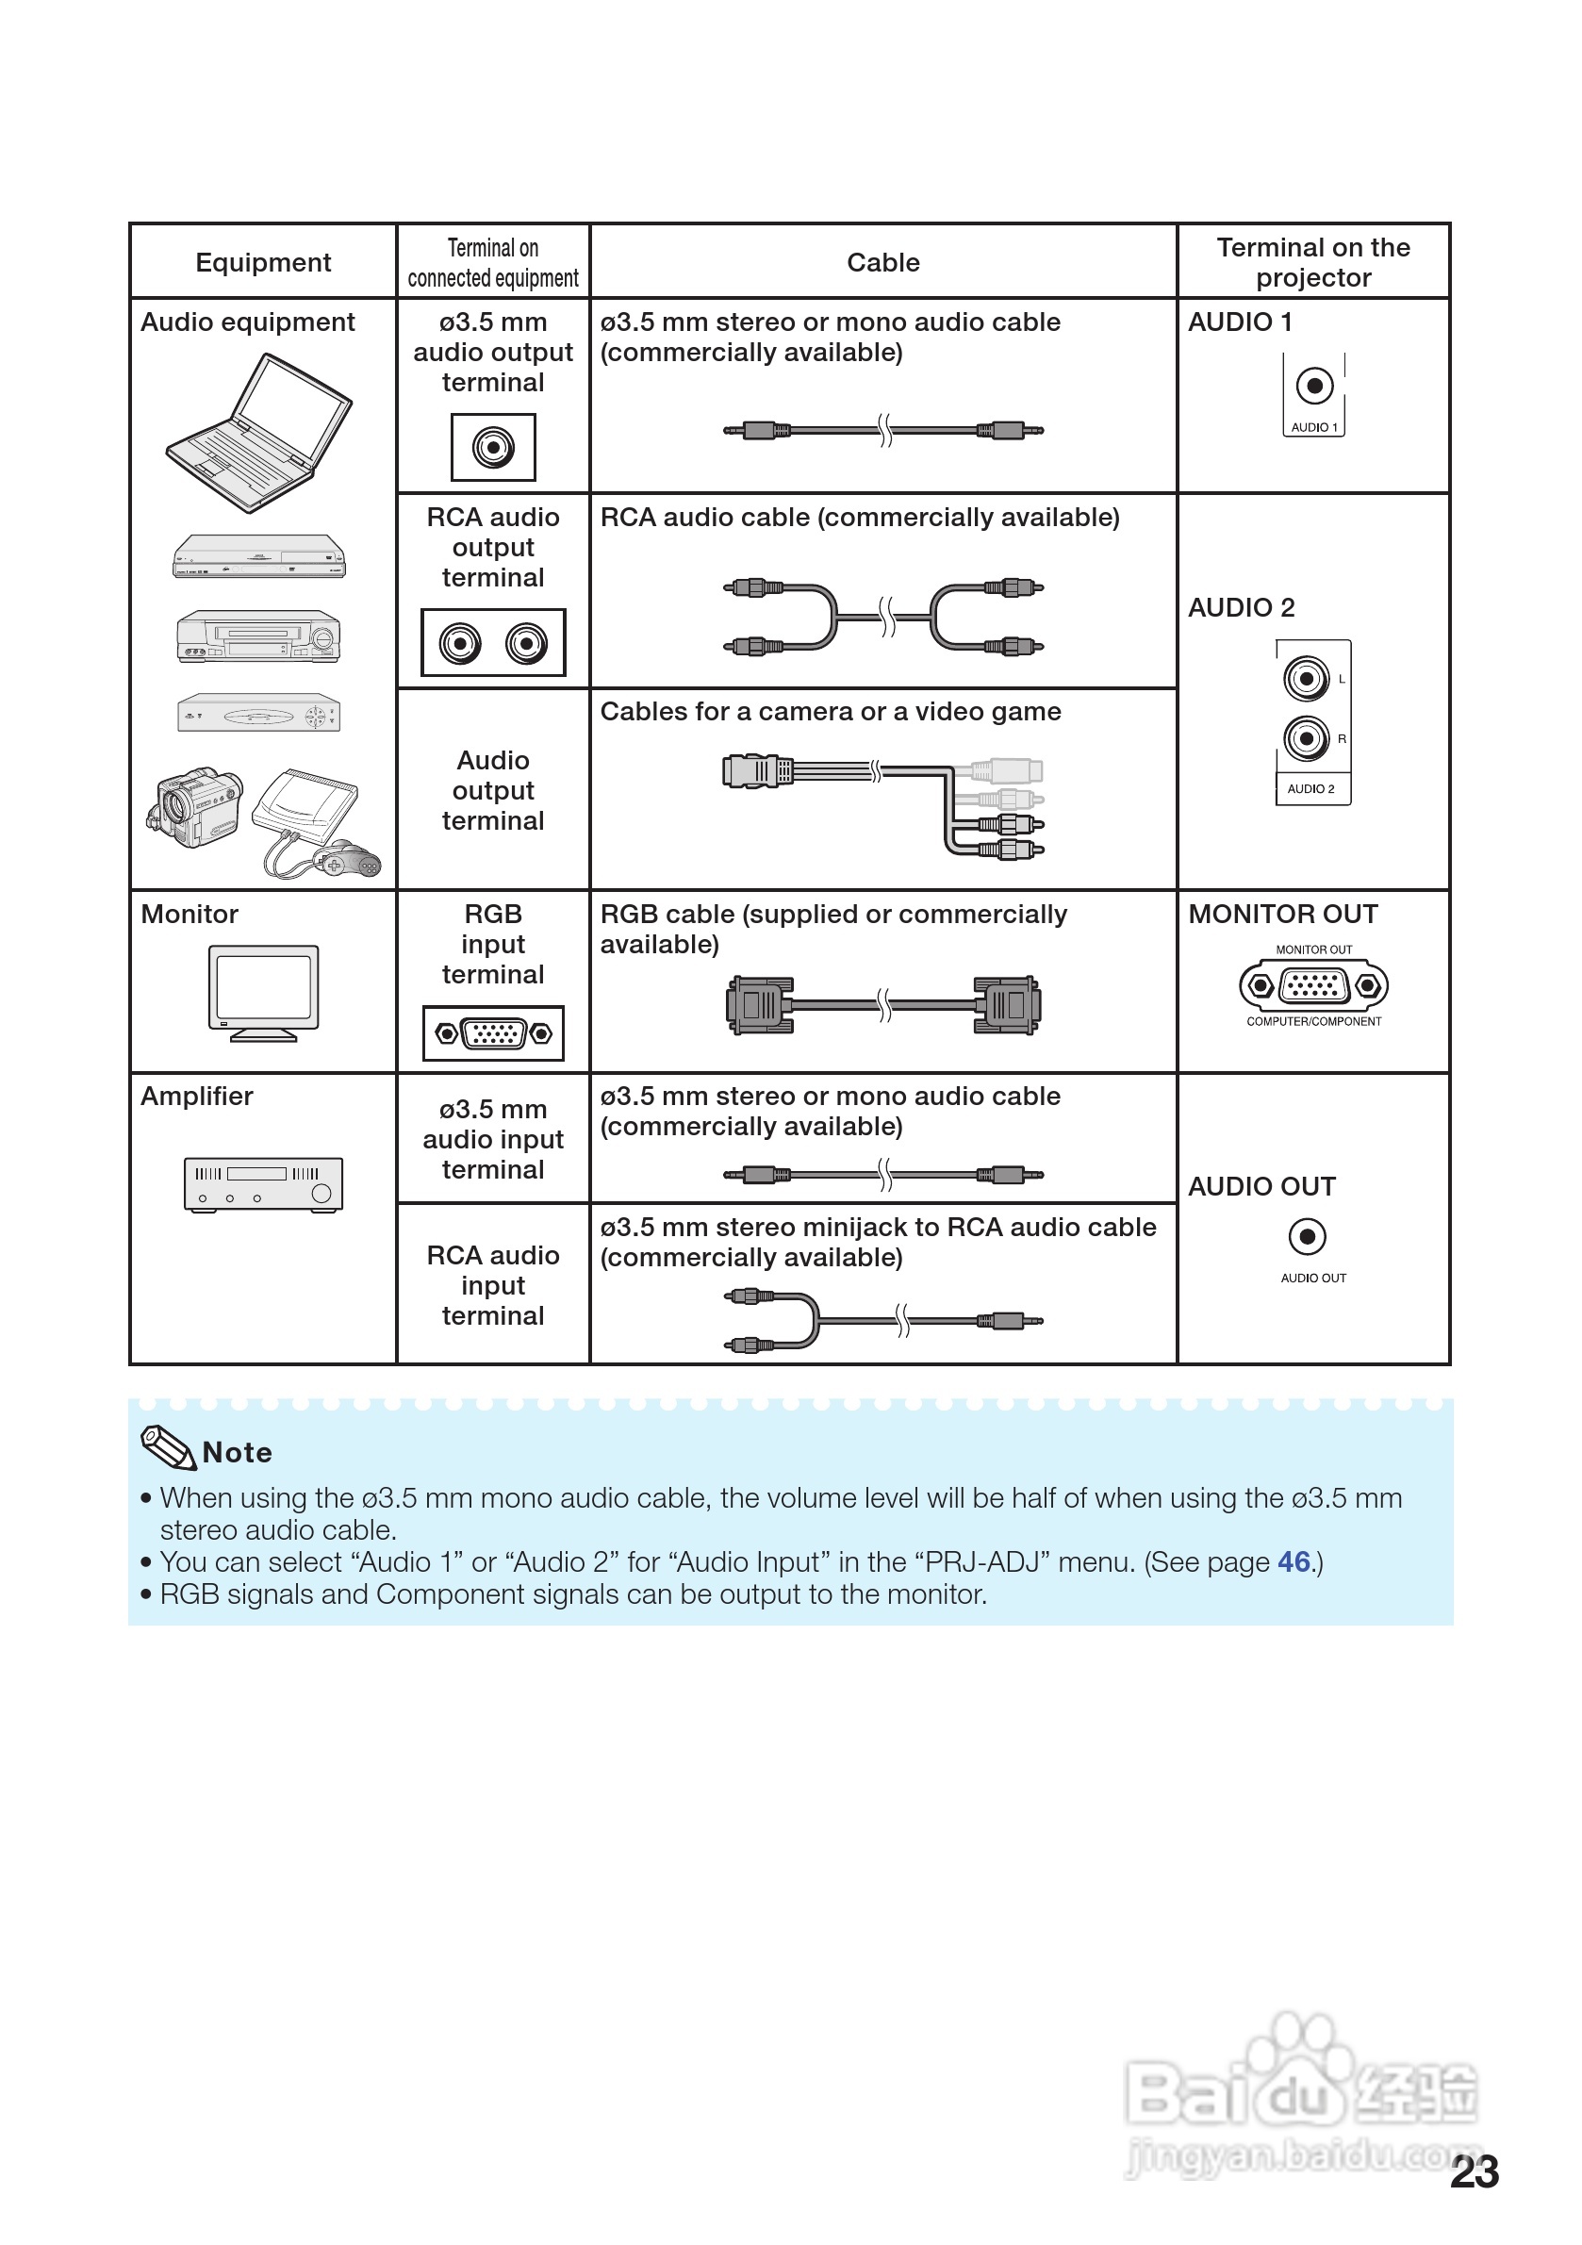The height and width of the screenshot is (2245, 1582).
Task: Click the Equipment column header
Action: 263,262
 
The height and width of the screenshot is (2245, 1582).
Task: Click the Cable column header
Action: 882,262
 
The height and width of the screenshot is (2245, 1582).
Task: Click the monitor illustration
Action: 263,992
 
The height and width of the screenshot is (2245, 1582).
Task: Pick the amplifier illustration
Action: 263,1184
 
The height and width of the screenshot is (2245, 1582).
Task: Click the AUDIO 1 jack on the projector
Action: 1314,386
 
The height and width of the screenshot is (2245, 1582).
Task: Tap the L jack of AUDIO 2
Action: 1307,679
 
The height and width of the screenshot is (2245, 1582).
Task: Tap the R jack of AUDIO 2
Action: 1307,738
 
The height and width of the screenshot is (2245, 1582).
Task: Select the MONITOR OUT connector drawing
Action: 1313,984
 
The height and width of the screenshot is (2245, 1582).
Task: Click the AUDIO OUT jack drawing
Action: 1308,1237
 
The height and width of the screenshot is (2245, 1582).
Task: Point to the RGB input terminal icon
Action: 493,1032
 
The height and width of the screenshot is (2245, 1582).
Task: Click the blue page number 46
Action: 1294,1561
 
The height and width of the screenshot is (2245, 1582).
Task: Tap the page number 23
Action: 1475,2171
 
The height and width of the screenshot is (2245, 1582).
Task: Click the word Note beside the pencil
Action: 237,1452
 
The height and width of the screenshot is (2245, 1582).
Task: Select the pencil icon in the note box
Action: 168,1447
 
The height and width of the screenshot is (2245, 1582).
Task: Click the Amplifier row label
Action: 196,1097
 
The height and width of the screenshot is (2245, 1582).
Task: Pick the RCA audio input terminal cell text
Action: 493,1285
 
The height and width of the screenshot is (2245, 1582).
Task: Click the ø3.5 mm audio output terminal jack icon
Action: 493,448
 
